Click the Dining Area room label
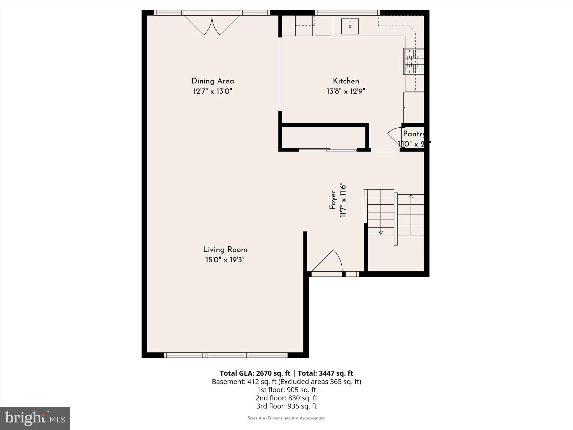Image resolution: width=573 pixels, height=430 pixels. tap(213, 81)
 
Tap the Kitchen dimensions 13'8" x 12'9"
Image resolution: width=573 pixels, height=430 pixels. tap(346, 91)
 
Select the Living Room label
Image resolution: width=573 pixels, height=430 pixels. tap(225, 250)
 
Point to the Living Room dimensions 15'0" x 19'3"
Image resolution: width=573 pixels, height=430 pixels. tap(225, 260)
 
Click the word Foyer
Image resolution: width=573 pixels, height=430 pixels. tap(333, 200)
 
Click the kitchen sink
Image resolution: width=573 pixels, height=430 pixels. tap(350, 26)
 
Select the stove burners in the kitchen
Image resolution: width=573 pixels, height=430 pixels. tap(414, 61)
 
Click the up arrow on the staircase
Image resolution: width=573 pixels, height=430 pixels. tap(410, 197)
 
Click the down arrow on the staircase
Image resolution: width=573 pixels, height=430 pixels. tap(381, 233)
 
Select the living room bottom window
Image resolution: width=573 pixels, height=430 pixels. tap(226, 355)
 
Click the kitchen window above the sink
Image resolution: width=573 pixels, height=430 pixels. tap(347, 13)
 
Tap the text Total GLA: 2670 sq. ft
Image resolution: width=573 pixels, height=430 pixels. tap(255, 373)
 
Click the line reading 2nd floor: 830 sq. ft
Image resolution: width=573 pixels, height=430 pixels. tap(286, 398)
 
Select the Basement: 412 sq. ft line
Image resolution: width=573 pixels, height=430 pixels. tap(286, 382)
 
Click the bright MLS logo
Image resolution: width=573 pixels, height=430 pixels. tap(35, 418)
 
